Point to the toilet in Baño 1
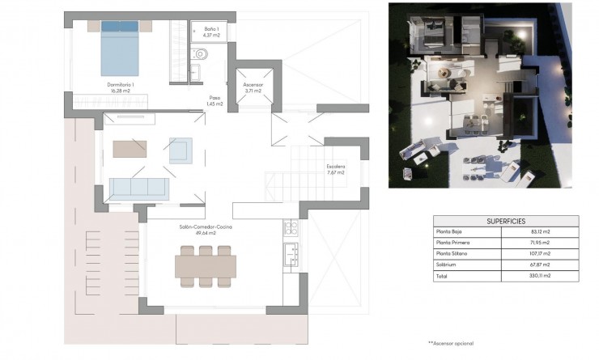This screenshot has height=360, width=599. (x=201, y=55)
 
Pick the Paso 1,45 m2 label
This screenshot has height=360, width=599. (x=215, y=100)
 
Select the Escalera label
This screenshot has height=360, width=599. (x=335, y=169)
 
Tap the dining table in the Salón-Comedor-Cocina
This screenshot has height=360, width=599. (x=206, y=265)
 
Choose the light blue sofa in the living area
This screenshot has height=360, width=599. (x=138, y=187)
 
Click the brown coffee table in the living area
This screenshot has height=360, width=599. (x=130, y=149)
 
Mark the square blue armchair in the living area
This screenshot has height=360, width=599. (x=180, y=150)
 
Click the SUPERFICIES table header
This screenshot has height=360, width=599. (x=506, y=221)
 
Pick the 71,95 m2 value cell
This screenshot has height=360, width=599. (x=542, y=243)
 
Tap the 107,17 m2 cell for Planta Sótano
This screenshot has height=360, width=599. (x=542, y=253)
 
